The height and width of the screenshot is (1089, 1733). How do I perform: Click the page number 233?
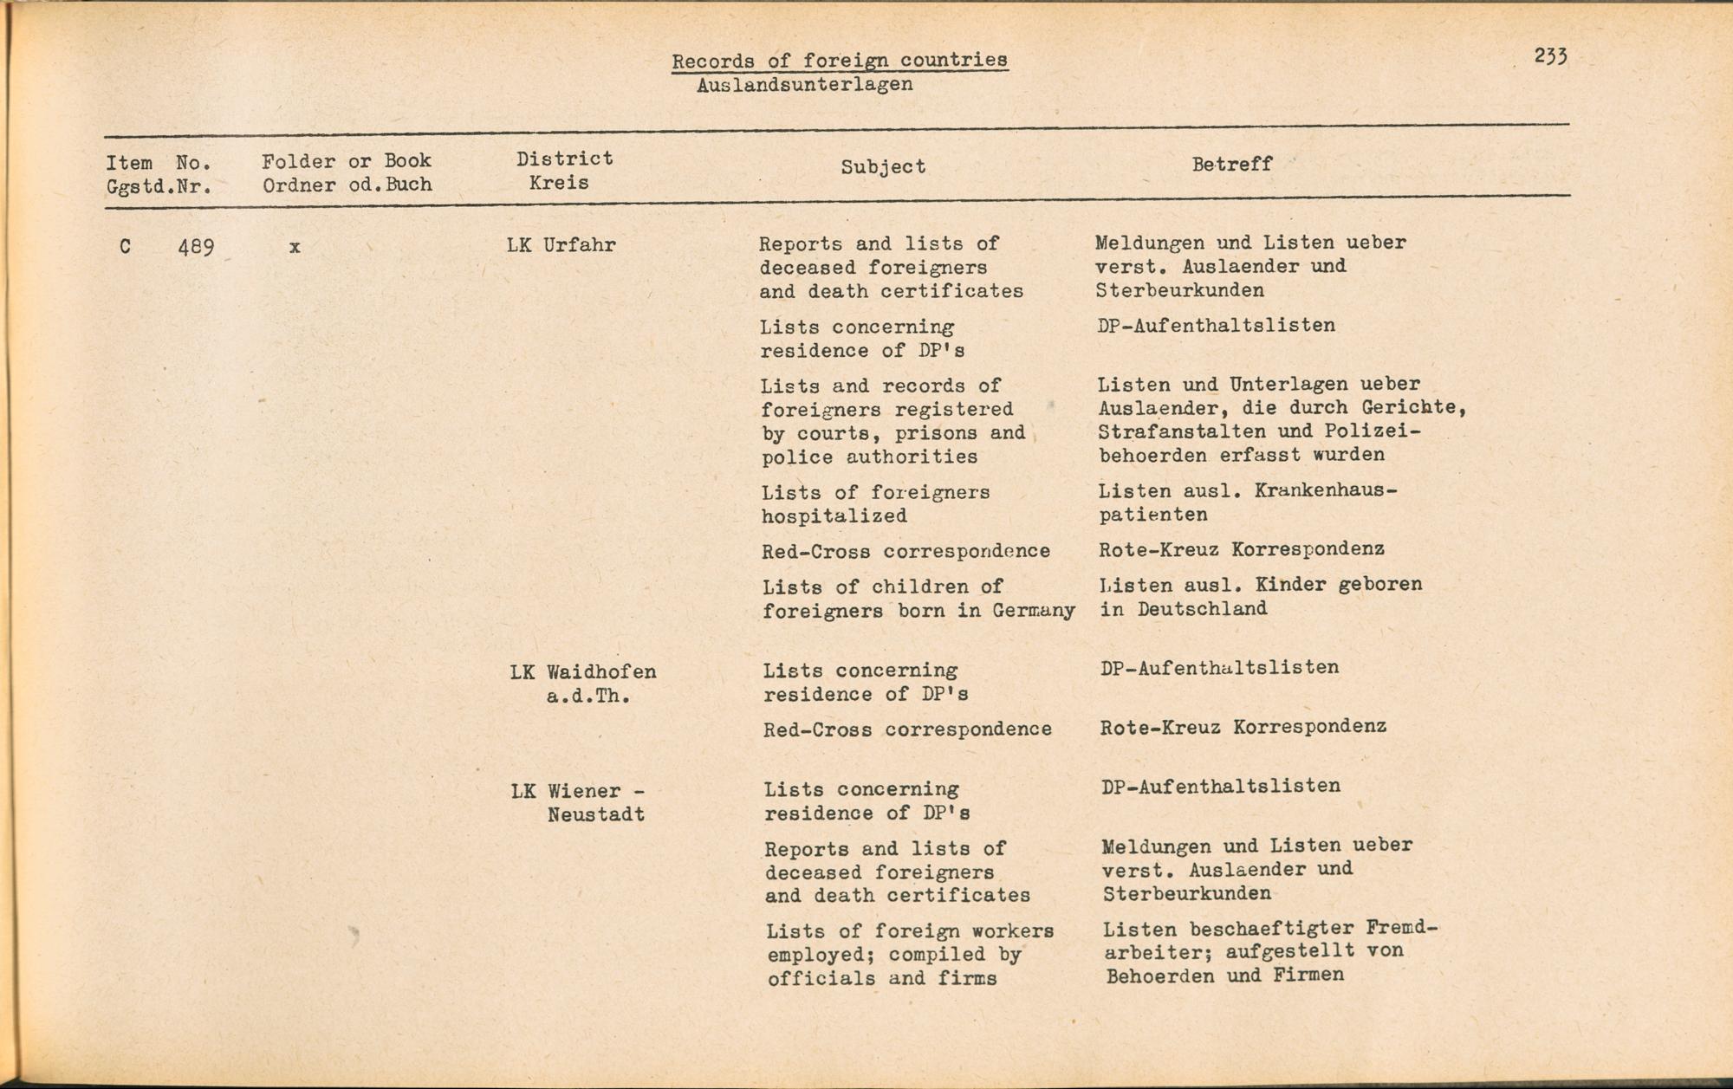click(1550, 56)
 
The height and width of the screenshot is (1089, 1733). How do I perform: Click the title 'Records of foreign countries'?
click(839, 61)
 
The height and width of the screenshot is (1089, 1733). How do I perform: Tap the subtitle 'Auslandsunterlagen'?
click(804, 85)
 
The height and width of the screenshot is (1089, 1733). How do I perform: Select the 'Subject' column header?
click(883, 166)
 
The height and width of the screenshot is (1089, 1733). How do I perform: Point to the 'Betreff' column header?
click(1231, 164)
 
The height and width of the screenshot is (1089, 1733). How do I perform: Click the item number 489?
click(196, 247)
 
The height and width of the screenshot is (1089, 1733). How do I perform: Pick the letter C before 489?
click(126, 247)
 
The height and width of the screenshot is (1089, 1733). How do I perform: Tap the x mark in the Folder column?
click(295, 247)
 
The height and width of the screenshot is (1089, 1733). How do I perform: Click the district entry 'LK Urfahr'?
click(561, 245)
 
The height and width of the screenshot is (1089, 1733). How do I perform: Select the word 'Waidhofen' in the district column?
click(601, 672)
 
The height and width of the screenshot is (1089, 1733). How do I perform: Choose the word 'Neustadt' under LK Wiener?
click(595, 815)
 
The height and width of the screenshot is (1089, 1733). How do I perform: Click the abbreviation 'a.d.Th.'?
click(588, 697)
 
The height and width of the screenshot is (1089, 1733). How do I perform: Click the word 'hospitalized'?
click(834, 516)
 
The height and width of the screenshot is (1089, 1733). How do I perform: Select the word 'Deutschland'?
click(1202, 609)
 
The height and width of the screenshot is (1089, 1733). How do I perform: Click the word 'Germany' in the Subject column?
click(1034, 611)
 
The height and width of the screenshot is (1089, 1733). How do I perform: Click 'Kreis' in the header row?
click(559, 183)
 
